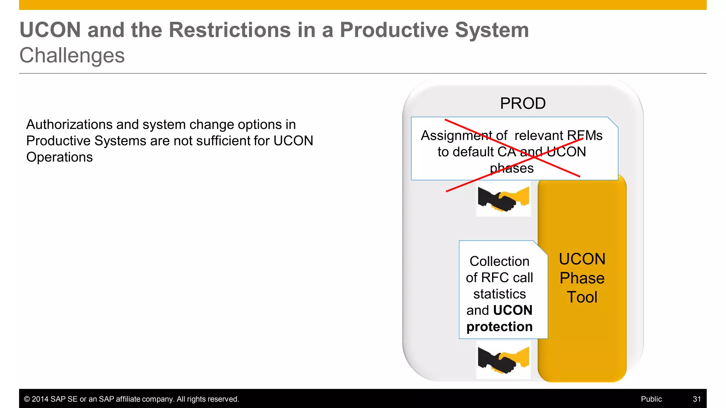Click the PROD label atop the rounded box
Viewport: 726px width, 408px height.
[523, 103]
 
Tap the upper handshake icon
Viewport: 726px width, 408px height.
[503, 199]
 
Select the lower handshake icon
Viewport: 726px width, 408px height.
[503, 359]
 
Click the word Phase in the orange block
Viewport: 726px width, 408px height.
[582, 278]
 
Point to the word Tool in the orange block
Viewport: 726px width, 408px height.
[582, 297]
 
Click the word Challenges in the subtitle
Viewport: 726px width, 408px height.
[72, 56]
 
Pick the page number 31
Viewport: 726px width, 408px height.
[697, 399]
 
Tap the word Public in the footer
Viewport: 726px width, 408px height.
[651, 399]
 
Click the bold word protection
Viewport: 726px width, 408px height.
[499, 327]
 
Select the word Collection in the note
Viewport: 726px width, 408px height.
[499, 261]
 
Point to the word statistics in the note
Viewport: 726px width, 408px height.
[499, 294]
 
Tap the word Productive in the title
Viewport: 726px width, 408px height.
[394, 30]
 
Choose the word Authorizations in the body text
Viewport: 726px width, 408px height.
[69, 125]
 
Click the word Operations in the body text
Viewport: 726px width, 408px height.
[60, 157]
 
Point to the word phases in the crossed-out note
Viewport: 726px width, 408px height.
[512, 168]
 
